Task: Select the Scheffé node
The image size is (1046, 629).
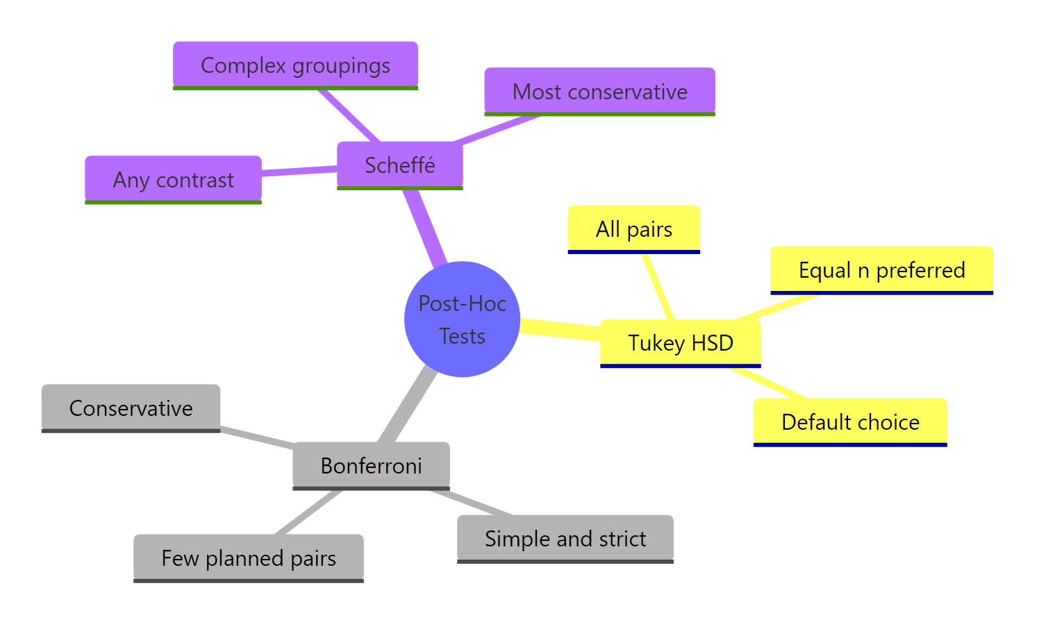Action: point(399,165)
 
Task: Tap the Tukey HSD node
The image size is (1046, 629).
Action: point(680,343)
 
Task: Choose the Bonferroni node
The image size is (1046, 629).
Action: point(371,465)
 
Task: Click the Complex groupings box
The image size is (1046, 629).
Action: point(295,65)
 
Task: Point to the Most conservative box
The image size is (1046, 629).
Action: point(599,91)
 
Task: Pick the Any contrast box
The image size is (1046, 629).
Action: point(173,179)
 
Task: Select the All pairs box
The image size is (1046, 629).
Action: point(633,228)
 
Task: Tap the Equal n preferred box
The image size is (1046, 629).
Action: point(881,269)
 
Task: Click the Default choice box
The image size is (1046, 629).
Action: point(850,421)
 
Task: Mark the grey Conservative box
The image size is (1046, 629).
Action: point(131,408)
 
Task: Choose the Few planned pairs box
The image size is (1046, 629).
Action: point(248,557)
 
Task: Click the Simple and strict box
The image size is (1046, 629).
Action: point(565,538)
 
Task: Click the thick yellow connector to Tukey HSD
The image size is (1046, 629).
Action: point(560,329)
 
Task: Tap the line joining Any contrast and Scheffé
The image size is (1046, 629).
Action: point(299,170)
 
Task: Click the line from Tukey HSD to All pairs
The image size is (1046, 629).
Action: point(658,286)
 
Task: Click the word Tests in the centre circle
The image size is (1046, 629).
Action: point(462,336)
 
